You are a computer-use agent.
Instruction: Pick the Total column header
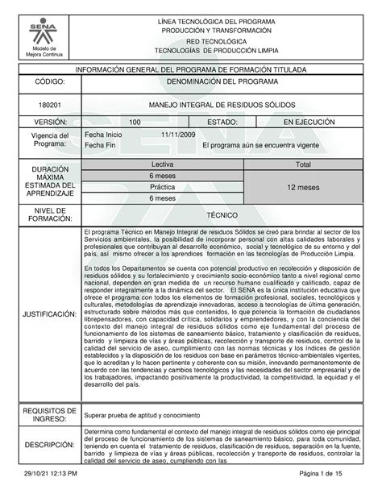click(304, 164)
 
